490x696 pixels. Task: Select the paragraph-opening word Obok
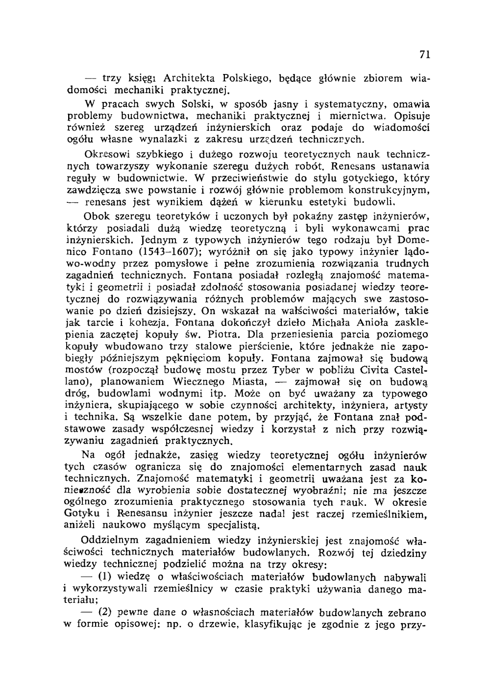[x=97, y=216]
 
